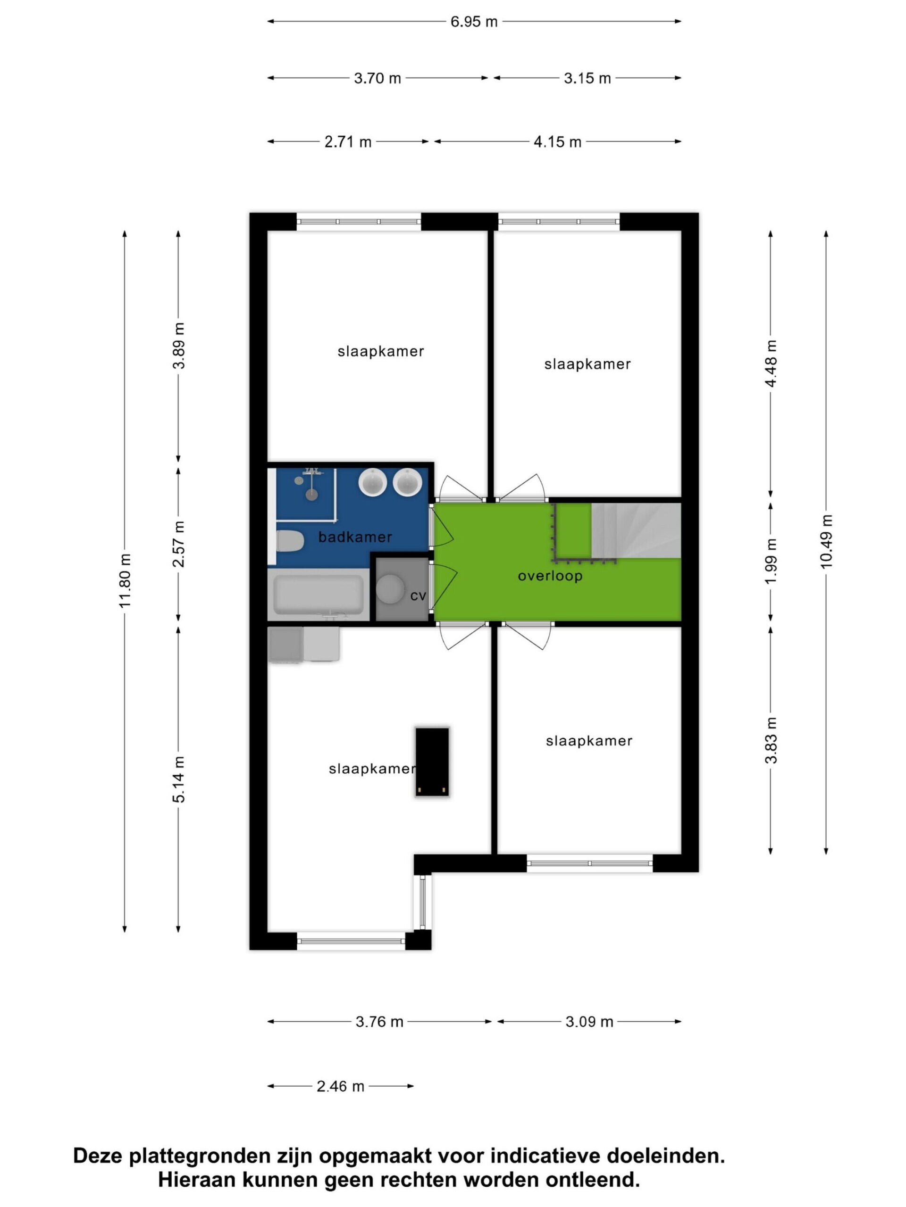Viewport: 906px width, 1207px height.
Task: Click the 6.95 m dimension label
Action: coord(473,22)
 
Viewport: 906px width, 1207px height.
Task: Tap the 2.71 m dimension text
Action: coord(348,142)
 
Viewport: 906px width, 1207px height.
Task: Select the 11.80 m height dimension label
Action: coord(125,580)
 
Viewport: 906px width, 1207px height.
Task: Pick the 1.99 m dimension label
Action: coord(771,561)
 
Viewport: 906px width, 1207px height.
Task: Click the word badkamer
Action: coord(355,537)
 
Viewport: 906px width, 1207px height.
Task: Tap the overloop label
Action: coord(550,576)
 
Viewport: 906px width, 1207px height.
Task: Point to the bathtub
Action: coord(319,594)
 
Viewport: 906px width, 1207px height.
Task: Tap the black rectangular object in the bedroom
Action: coord(432,761)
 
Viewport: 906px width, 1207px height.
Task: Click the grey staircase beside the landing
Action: coord(636,530)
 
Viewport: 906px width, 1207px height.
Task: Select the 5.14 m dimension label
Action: coord(178,779)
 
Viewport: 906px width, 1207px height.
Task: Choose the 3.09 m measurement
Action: coord(589,1022)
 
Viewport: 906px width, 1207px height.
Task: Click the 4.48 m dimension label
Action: coord(771,364)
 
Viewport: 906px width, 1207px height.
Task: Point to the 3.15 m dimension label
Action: coord(587,78)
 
